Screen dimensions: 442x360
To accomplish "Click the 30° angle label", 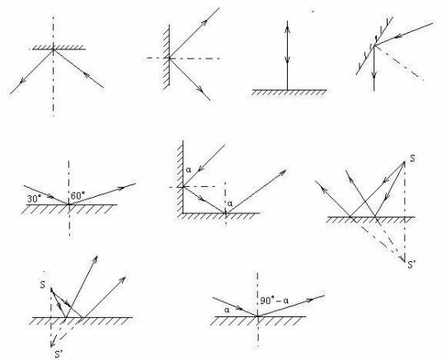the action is pos(33,199).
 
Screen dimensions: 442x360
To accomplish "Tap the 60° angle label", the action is pos(78,196).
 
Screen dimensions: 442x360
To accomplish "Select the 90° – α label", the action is pos(275,301).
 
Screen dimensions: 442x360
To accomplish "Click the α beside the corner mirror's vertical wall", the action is pos(189,170).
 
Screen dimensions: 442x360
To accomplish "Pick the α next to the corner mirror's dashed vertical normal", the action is pos(230,203).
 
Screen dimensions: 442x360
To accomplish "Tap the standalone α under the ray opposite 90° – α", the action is pos(227,310).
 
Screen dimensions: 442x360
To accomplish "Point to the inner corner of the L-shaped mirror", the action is pos(184,213).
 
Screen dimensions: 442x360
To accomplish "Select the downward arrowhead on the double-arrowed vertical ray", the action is pos(287,59).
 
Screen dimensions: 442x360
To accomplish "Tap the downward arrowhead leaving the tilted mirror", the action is pos(374,74).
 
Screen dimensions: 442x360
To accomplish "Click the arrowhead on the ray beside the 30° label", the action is pos(50,196).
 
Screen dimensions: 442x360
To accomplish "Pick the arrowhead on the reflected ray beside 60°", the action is pos(120,188).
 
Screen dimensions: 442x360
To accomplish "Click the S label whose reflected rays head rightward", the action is pos(42,285).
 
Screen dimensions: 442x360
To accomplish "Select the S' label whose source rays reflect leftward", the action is pos(411,264).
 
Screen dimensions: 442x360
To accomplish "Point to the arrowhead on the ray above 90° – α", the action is pos(309,300).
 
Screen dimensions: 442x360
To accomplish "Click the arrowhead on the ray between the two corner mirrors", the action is pos(200,198).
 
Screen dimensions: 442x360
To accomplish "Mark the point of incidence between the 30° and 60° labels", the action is pos(69,204).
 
